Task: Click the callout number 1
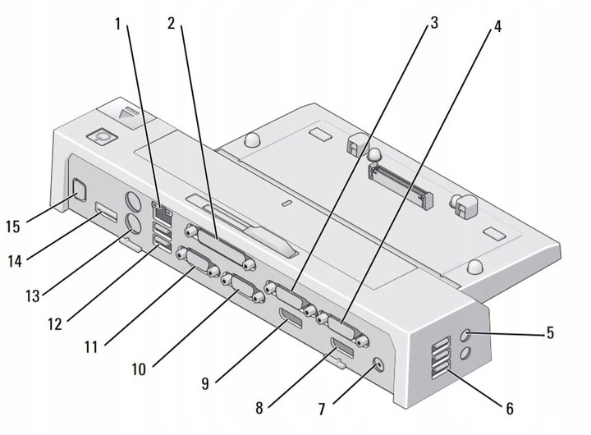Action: point(118,25)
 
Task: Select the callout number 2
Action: point(172,24)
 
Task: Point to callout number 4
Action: point(497,26)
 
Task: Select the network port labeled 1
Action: point(163,213)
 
